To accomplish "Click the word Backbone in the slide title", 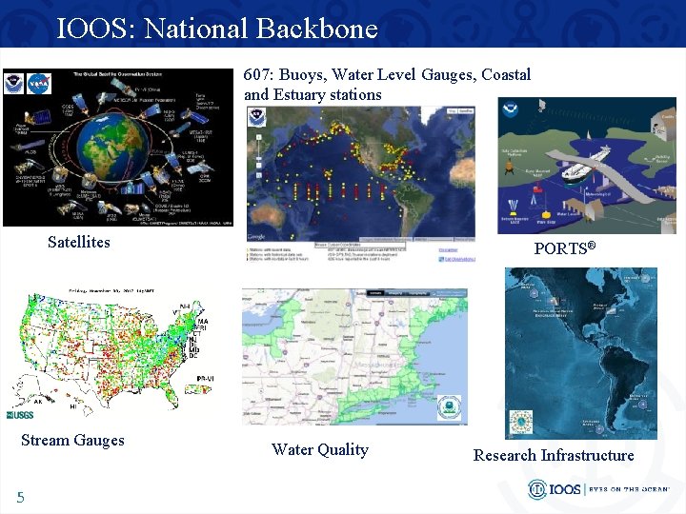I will tap(316, 29).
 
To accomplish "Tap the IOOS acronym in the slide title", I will tap(95, 29).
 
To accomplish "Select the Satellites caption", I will tap(79, 242).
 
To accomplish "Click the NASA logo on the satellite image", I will tap(39, 83).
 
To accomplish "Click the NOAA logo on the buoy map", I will tap(256, 117).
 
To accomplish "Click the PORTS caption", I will tap(564, 248).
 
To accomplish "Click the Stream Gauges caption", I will tap(72, 440).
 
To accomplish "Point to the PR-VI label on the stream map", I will tap(202, 378).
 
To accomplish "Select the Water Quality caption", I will tap(319, 449).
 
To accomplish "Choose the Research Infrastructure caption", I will tap(554, 455).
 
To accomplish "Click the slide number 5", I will tap(20, 497).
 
